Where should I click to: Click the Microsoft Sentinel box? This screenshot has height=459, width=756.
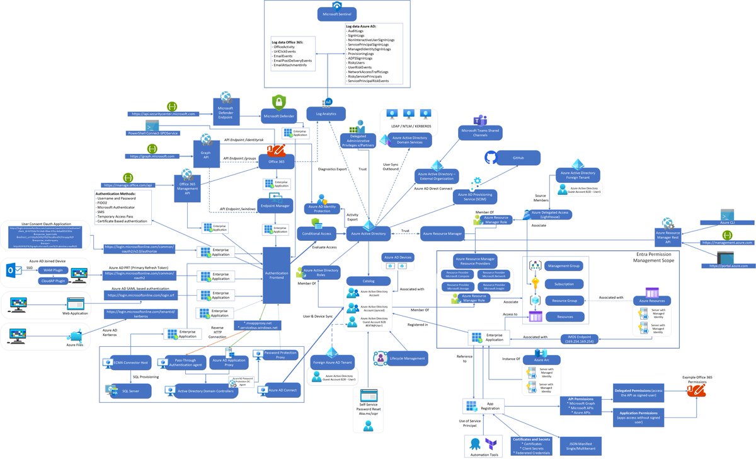338,14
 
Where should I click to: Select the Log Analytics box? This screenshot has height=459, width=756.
326,114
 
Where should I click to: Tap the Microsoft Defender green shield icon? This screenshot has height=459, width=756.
279,102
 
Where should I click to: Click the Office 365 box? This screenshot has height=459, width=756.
277,162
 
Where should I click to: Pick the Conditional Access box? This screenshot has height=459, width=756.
317,233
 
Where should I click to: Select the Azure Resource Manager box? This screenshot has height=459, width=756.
442,234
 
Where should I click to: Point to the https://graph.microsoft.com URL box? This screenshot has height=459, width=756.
151,156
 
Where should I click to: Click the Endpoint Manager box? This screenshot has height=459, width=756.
274,205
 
